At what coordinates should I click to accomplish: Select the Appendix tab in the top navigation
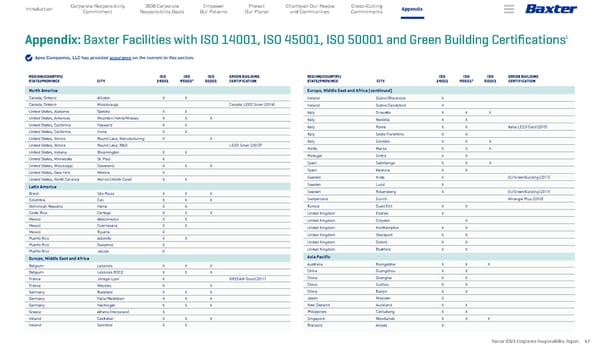tap(411, 11)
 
